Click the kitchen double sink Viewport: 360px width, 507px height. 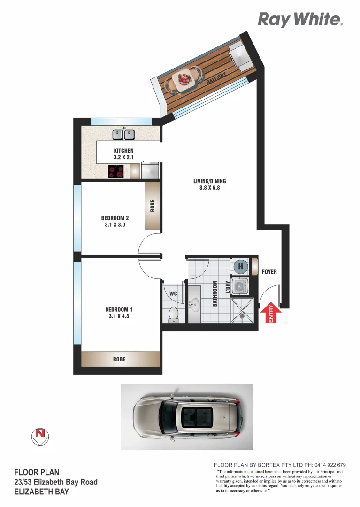tap(123, 135)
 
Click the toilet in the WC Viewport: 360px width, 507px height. tap(174, 315)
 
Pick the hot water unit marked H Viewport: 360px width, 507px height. tap(241, 267)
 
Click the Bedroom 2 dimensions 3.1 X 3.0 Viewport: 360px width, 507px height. tap(115, 225)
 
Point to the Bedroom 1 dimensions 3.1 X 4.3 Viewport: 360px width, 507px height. tap(119, 317)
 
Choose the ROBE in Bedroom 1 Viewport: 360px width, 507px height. tap(119, 359)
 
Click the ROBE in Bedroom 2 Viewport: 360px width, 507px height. tap(152, 206)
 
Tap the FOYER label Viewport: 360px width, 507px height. tap(269, 272)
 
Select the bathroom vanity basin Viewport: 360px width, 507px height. tap(194, 305)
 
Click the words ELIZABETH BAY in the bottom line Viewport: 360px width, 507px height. tap(41, 492)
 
